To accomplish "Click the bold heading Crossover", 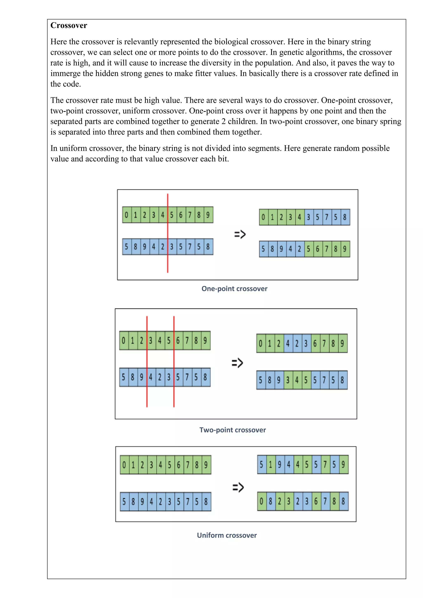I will (x=69, y=26).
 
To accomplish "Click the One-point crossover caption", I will (x=234, y=289).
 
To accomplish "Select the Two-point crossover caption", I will (x=232, y=430).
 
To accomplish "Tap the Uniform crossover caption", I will (x=227, y=535).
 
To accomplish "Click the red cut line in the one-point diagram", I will (x=168, y=263).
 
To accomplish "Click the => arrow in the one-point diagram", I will (x=240, y=234).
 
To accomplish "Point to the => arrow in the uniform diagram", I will (x=238, y=487).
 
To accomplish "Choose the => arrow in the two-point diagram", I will (x=237, y=363).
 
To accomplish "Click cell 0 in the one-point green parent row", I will (x=127, y=215).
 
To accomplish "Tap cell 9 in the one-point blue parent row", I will (x=145, y=247).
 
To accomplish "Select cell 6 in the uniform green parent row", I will (x=179, y=465).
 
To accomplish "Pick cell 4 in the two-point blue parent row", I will (x=151, y=377).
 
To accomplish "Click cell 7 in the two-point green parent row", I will (x=187, y=341).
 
